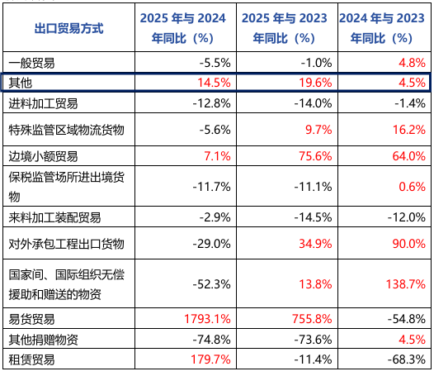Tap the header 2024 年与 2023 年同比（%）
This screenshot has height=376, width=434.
click(384, 28)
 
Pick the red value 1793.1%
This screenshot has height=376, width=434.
click(207, 317)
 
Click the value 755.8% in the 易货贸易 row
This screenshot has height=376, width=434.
click(309, 317)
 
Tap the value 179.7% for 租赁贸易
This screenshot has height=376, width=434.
click(210, 359)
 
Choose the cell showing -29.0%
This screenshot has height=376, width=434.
click(212, 243)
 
